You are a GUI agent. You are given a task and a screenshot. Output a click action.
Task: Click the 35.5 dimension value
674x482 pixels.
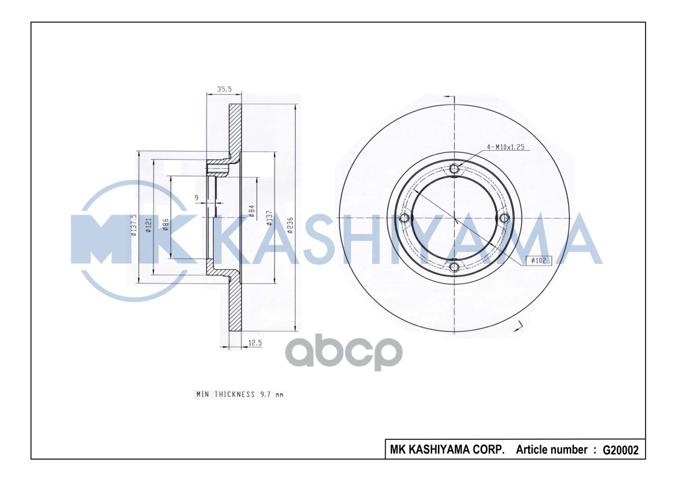pyautogui.click(x=224, y=89)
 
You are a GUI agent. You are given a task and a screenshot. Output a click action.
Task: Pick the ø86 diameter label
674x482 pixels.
pyautogui.click(x=165, y=224)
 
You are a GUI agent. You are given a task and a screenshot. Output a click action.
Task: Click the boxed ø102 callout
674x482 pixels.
pyautogui.click(x=539, y=260)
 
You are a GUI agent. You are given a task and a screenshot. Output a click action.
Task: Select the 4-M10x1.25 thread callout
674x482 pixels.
pyautogui.click(x=507, y=146)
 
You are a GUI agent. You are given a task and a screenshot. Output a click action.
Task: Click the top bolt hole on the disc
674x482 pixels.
pyautogui.click(x=455, y=169)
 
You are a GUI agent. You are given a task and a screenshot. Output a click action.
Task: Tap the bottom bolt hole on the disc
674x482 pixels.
pyautogui.click(x=455, y=266)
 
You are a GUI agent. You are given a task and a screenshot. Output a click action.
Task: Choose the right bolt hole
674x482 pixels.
pyautogui.click(x=504, y=218)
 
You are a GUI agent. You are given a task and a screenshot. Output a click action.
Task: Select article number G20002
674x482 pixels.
pyautogui.click(x=620, y=449)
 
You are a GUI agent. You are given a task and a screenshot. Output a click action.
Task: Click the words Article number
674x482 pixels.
pyautogui.click(x=552, y=449)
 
